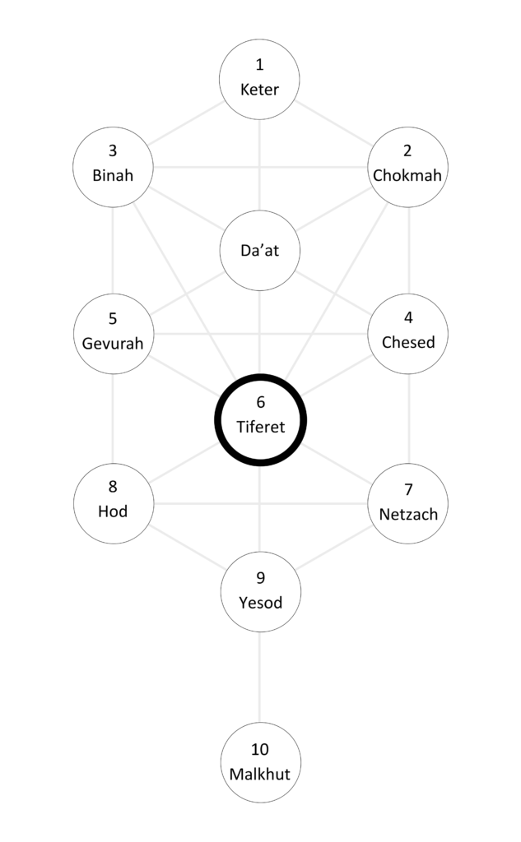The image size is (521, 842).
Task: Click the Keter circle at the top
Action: (260, 79)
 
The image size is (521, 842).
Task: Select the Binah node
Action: (113, 164)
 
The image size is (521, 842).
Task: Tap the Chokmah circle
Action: (408, 164)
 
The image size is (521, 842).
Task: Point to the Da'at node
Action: (260, 250)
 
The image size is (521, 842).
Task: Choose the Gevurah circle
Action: (113, 333)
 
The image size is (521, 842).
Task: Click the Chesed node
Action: (408, 333)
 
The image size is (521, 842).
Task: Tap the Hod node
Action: (113, 502)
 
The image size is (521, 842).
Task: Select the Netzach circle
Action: (408, 503)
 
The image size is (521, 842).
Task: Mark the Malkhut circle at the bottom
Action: (260, 762)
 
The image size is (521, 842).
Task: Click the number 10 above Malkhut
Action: (260, 750)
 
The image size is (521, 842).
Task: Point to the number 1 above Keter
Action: (260, 66)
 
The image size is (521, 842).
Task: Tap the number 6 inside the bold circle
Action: (260, 403)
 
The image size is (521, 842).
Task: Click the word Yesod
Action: (260, 604)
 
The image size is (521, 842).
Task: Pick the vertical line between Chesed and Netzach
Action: (408, 418)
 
